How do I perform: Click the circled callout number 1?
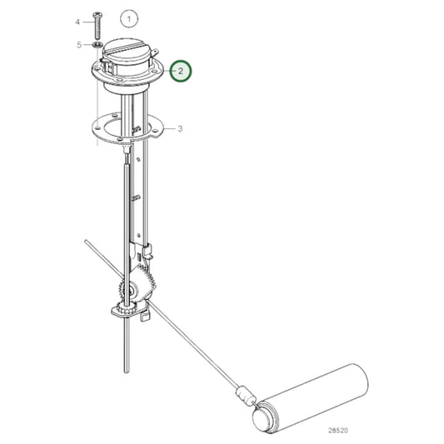coord(127,17)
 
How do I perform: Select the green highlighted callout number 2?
coord(181,72)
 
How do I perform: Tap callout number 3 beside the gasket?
coord(180,129)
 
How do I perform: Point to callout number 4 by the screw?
coord(78,21)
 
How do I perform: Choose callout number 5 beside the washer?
coord(78,43)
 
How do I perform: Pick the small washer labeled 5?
coord(98,43)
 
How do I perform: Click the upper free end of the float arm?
coord(86,242)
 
